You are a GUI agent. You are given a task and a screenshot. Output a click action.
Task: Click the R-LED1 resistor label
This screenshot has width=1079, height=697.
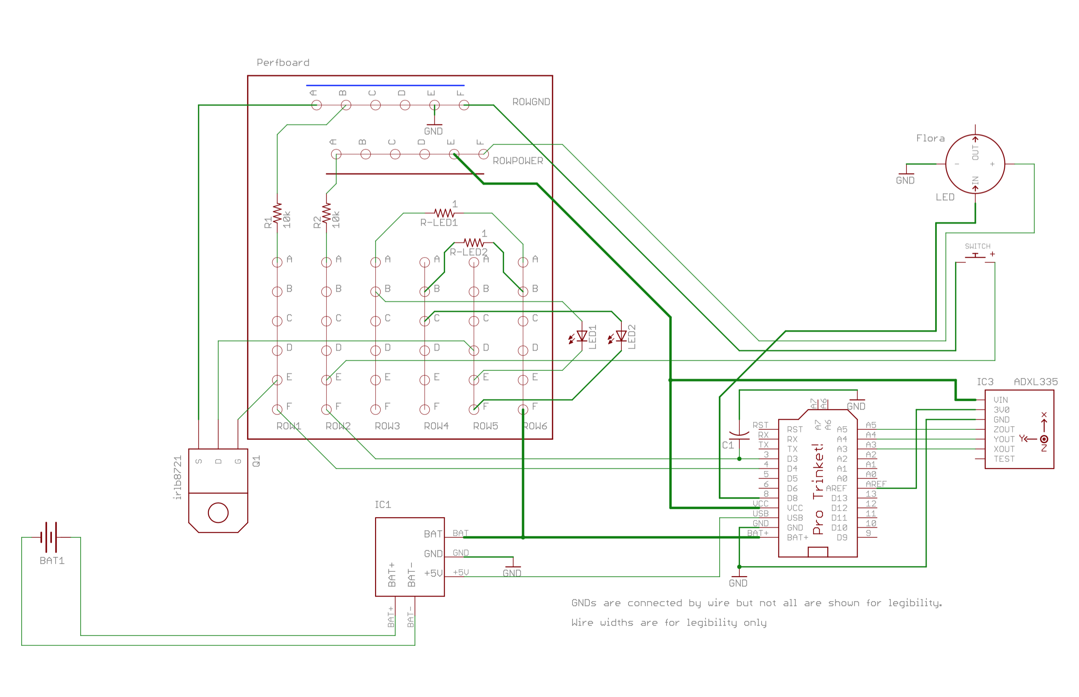438,223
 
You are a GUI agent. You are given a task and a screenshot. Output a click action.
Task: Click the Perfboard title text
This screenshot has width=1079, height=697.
283,62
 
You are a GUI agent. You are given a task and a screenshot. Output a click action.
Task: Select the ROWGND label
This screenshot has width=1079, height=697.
530,102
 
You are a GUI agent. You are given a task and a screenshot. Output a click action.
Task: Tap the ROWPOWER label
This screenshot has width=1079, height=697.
517,161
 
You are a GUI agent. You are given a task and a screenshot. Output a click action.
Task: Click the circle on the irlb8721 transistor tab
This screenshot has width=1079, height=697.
218,513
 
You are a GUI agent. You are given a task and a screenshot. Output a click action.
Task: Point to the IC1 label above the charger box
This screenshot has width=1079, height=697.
382,505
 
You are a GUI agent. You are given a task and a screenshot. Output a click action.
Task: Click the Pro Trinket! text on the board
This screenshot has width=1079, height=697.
818,489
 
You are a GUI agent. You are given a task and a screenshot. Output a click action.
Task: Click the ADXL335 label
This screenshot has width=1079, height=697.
1035,382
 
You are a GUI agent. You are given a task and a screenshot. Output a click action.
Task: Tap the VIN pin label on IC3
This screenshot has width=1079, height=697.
1000,400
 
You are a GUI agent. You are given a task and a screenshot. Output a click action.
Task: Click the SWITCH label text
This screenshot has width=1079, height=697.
977,246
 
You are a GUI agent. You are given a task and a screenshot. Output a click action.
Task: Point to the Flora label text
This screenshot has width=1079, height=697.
930,138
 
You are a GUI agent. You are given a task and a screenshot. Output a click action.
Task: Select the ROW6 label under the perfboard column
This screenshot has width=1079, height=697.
535,426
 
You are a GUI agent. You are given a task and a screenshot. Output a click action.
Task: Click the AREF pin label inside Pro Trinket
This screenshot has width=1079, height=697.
836,488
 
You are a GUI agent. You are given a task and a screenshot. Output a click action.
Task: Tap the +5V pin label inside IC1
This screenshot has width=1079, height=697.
433,573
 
